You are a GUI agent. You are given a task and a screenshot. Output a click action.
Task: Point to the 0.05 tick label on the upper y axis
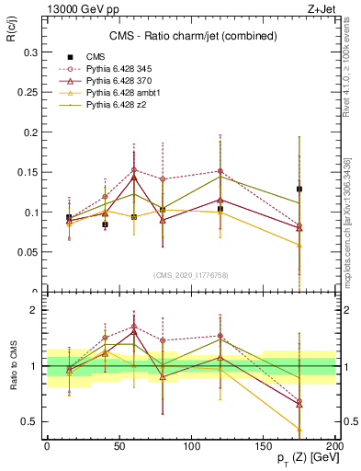27,251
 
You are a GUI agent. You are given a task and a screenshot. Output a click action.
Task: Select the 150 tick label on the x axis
263,444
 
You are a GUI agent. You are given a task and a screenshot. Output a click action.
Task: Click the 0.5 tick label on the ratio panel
29,421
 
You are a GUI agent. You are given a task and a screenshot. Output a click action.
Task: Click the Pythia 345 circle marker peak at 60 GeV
134,169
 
